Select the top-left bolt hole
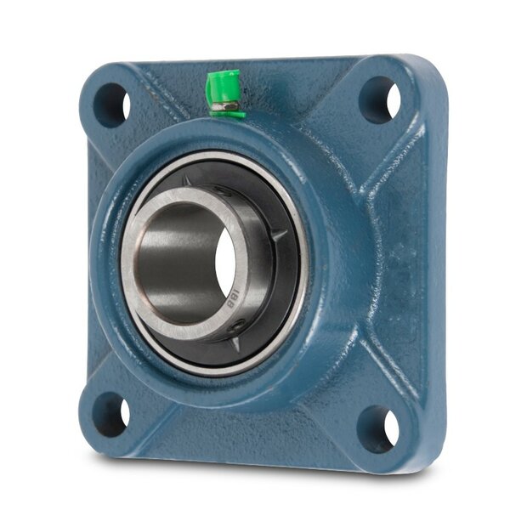[x=111, y=105]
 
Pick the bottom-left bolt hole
[x=110, y=414]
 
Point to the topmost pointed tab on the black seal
[x=186, y=181]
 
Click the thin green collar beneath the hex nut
[x=228, y=115]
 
